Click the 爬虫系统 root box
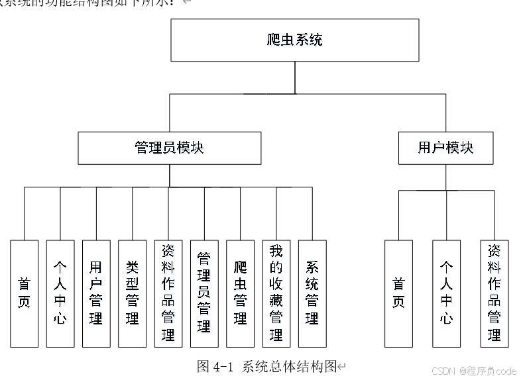(x=295, y=40)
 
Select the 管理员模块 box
(x=169, y=148)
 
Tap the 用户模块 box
(x=445, y=148)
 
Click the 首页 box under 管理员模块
(x=25, y=293)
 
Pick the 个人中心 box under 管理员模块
(x=60, y=293)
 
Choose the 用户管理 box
(x=96, y=293)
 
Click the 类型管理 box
(x=132, y=293)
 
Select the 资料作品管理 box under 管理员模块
(x=168, y=293)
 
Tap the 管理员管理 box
(x=204, y=293)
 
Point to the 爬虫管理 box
(x=240, y=293)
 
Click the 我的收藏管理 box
(x=276, y=293)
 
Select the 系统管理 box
(x=312, y=293)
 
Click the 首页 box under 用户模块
(x=398, y=293)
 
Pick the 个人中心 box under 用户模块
(x=446, y=293)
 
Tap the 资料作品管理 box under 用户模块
(x=494, y=293)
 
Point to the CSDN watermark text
(x=473, y=371)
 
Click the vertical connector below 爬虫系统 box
(x=295, y=77)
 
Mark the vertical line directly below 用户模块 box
(x=445, y=177)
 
